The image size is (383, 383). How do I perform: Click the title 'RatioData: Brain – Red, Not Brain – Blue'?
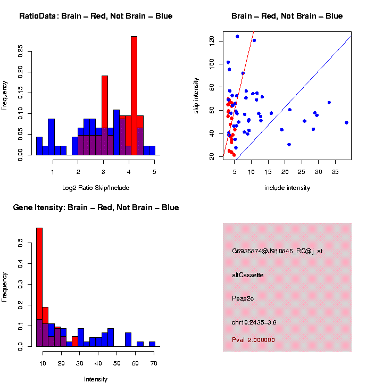tap(96, 16)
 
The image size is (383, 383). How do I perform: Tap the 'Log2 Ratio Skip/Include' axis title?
tap(96, 188)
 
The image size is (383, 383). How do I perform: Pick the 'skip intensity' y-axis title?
tap(196, 95)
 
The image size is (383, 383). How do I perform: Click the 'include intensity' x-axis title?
tap(287, 188)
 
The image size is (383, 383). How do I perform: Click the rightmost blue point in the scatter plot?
tap(346, 122)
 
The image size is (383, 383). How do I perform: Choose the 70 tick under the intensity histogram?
tap(154, 363)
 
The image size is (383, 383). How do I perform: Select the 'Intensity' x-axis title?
tap(96, 379)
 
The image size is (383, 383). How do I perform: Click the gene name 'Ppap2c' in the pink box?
tap(243, 298)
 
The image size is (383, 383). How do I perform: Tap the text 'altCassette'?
tap(248, 275)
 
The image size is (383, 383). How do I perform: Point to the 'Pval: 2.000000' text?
tap(253, 340)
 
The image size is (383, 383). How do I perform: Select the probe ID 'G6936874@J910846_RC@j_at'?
tap(277, 251)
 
